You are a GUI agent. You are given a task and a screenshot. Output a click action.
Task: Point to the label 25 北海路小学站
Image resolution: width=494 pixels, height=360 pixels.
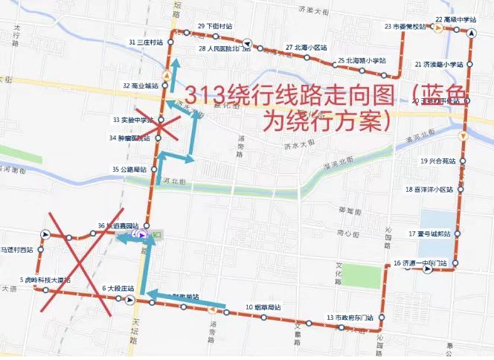362,60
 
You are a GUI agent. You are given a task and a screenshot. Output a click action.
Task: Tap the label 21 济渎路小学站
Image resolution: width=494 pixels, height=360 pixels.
439,65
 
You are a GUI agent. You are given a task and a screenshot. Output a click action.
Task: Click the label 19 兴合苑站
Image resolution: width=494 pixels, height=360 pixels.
437,161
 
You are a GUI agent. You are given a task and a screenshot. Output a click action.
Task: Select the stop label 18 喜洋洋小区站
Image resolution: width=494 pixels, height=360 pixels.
430,190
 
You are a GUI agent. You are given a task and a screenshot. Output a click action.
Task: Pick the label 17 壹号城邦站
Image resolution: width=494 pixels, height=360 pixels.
430,234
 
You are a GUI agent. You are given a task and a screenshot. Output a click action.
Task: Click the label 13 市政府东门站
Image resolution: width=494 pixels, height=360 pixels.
349,318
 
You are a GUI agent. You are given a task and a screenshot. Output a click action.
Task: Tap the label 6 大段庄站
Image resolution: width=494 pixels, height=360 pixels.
118,288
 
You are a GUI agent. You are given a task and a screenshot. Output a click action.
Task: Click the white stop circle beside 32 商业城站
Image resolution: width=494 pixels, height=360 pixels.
164,85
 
